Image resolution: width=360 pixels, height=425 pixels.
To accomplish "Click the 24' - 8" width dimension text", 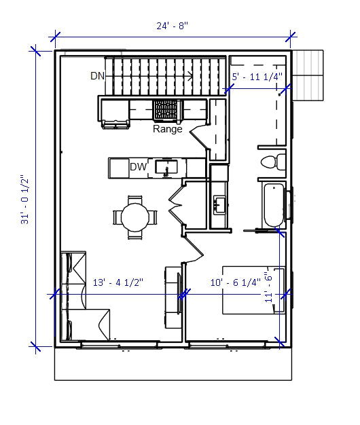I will (x=173, y=26).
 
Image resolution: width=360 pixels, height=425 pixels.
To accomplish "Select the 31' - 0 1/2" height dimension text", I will (x=24, y=200).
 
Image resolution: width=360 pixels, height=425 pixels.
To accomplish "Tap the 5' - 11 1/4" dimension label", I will (x=257, y=77).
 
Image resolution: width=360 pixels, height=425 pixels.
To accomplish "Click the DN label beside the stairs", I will (x=97, y=75).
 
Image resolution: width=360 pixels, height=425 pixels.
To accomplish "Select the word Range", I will (x=167, y=128).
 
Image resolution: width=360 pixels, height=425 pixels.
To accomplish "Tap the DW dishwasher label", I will (x=139, y=167).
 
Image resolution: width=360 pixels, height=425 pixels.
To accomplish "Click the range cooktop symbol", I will (x=166, y=109).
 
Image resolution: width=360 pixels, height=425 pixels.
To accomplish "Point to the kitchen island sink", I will (x=166, y=167).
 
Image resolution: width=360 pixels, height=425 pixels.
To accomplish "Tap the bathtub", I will (x=273, y=206).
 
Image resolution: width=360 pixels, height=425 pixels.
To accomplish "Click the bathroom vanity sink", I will (x=219, y=203).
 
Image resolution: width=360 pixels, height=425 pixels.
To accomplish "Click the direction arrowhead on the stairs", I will (x=192, y=75).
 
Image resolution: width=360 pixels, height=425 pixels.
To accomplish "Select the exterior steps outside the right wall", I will (x=308, y=75).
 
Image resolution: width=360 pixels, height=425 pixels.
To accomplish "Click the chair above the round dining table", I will (x=134, y=200).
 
